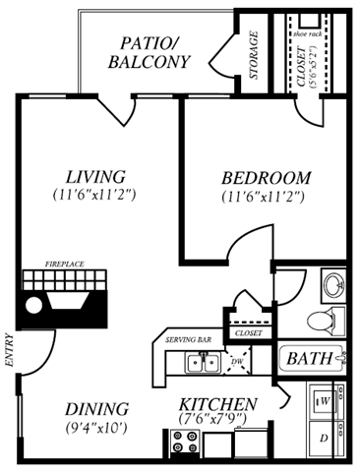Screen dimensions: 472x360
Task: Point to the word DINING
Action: click(x=96, y=408)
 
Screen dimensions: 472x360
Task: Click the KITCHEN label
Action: click(x=218, y=404)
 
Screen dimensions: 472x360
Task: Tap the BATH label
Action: click(x=308, y=358)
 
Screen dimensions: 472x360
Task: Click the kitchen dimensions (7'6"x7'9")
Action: click(x=218, y=421)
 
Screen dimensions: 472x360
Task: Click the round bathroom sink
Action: click(x=333, y=286)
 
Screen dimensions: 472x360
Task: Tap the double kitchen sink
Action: click(x=204, y=364)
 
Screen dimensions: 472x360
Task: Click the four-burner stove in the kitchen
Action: click(x=182, y=443)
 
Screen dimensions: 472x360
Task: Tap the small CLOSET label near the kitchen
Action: click(x=246, y=333)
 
